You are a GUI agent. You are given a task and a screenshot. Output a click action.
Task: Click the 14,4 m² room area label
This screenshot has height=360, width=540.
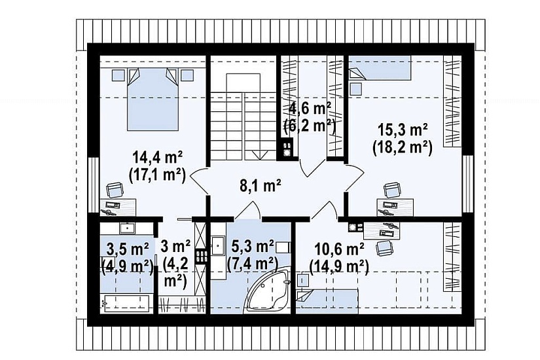pyautogui.click(x=158, y=158)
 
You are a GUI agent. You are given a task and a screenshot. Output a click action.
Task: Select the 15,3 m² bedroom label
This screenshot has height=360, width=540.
pyautogui.click(x=403, y=130)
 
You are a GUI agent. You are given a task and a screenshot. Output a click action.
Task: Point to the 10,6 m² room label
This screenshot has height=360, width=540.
pyautogui.click(x=339, y=248)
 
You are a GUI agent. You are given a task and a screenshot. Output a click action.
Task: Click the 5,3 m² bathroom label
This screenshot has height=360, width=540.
pyautogui.click(x=253, y=246)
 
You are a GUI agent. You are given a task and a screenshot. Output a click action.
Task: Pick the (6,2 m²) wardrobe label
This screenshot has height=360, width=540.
pyautogui.click(x=310, y=126)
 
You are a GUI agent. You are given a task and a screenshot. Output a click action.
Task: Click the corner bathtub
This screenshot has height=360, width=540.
pyautogui.click(x=266, y=292)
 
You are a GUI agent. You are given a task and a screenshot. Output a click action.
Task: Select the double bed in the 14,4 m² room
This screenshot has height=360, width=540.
pyautogui.click(x=153, y=99)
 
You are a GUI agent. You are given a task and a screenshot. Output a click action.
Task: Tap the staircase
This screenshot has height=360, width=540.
pyautogui.click(x=243, y=117)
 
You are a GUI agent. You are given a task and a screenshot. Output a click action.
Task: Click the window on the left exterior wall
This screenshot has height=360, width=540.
pyautogui.click(x=94, y=185)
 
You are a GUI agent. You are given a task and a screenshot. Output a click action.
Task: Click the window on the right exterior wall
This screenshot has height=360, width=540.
pyautogui.click(x=468, y=184)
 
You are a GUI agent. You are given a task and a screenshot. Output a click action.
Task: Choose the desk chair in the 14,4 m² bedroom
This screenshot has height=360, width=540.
pyautogui.click(x=115, y=190)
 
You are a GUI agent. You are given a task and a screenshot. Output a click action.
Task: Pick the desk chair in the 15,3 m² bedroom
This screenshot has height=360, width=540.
pyautogui.click(x=392, y=190)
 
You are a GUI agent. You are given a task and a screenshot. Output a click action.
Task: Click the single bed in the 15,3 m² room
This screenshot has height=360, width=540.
pyautogui.click(x=380, y=68)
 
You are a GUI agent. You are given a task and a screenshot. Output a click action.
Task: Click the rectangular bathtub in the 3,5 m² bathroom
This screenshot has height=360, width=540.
pyautogui.click(x=124, y=304)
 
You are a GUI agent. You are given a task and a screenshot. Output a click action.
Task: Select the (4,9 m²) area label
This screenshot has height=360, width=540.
pyautogui.click(x=128, y=265)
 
